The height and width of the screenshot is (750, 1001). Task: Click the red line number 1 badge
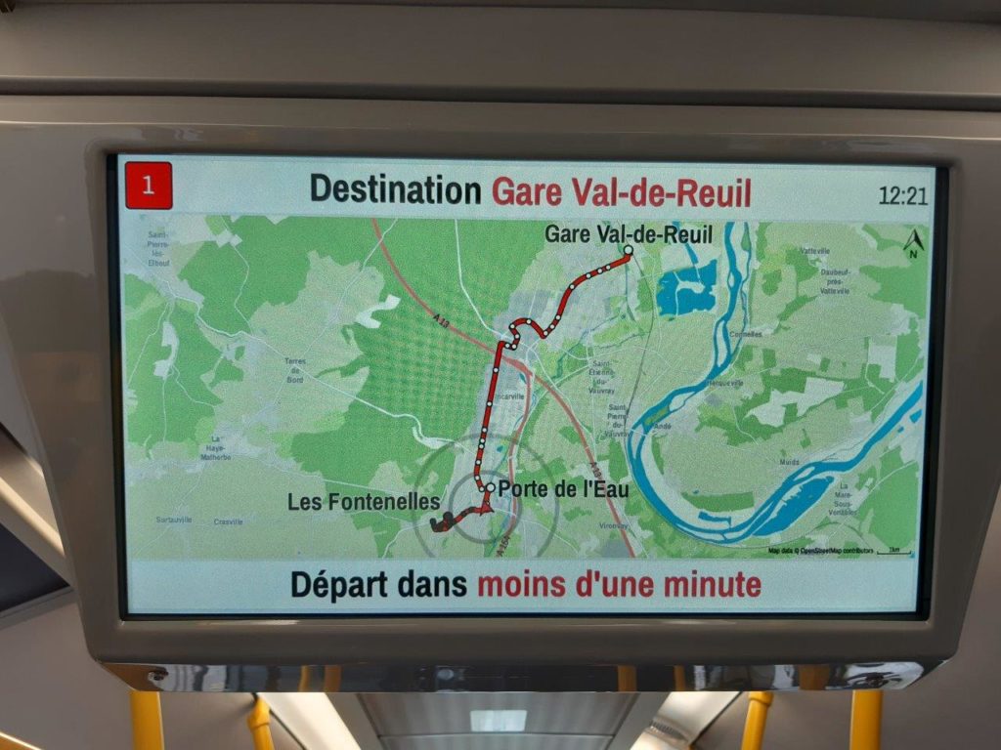click(149, 186)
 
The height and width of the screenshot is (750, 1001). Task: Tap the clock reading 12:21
click(902, 194)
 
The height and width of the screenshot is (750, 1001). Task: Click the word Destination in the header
click(395, 189)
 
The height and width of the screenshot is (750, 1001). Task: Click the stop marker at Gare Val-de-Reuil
click(628, 250)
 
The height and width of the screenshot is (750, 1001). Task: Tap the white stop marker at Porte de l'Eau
click(490, 487)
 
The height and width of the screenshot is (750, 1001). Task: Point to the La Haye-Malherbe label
click(215, 449)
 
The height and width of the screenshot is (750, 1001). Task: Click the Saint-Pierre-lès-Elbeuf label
click(158, 248)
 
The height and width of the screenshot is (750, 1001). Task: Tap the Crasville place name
click(228, 521)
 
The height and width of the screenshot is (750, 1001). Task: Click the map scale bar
click(893, 554)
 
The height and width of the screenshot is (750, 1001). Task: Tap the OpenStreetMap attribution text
click(821, 552)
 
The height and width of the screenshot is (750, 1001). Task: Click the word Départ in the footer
click(339, 585)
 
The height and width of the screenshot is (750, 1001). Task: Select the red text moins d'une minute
click(619, 585)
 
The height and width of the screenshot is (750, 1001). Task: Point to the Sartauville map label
click(173, 520)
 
